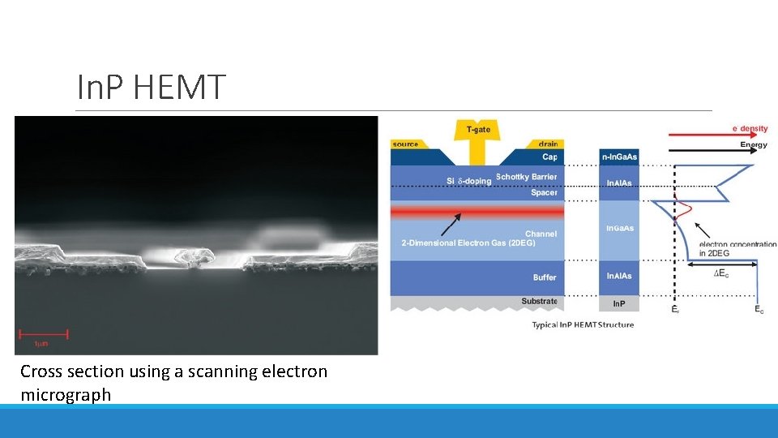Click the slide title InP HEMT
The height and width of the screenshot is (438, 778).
pyautogui.click(x=151, y=88)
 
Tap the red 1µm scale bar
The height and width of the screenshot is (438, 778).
pyautogui.click(x=45, y=333)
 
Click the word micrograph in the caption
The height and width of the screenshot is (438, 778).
pyautogui.click(x=66, y=395)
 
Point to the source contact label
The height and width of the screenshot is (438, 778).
pyautogui.click(x=405, y=144)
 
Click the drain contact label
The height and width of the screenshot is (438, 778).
pyautogui.click(x=548, y=144)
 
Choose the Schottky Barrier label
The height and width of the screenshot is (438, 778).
pyautogui.click(x=526, y=177)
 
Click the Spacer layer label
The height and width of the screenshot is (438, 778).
pyautogui.click(x=544, y=193)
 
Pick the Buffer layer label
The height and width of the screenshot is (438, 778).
pyautogui.click(x=545, y=277)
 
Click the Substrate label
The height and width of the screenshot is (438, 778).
pyautogui.click(x=539, y=302)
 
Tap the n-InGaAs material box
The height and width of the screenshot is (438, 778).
pyautogui.click(x=619, y=156)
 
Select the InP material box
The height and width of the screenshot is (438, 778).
pyautogui.click(x=619, y=303)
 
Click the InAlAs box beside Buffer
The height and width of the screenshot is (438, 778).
pyautogui.click(x=619, y=277)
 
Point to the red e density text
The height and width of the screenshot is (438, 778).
pyautogui.click(x=750, y=129)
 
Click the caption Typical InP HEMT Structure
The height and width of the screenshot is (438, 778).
pyautogui.click(x=583, y=325)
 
